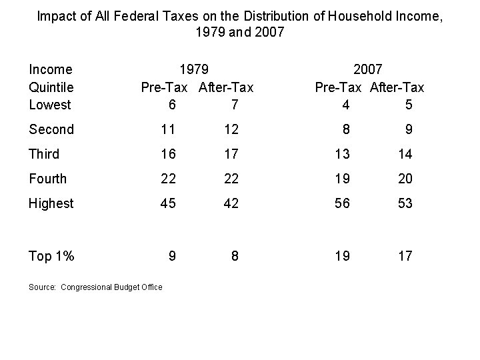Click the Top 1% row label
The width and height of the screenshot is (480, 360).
pos(51,256)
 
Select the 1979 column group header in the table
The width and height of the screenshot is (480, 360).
pos(195,69)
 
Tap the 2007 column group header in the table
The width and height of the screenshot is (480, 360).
pos(368,69)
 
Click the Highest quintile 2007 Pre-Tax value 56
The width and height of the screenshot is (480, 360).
pos(342,203)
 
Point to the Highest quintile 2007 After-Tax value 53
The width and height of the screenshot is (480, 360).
pos(405,203)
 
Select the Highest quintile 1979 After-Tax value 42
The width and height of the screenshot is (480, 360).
pos(231,203)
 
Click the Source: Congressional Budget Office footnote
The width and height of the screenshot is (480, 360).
pos(95,287)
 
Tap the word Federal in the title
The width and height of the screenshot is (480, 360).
pos(143,15)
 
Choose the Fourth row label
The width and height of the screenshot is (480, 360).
pos(48,179)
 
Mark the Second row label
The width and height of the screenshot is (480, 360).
pos(51,129)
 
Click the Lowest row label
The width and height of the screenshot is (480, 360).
pos(50,105)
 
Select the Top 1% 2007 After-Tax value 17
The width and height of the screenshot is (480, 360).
pos(405,256)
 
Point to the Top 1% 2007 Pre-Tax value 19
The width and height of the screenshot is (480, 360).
pos(342,256)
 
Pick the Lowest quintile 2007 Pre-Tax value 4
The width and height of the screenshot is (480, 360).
pos(344,105)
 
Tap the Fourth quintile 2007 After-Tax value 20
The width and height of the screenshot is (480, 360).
pos(405,179)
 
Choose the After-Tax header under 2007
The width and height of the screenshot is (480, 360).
pos(397,87)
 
